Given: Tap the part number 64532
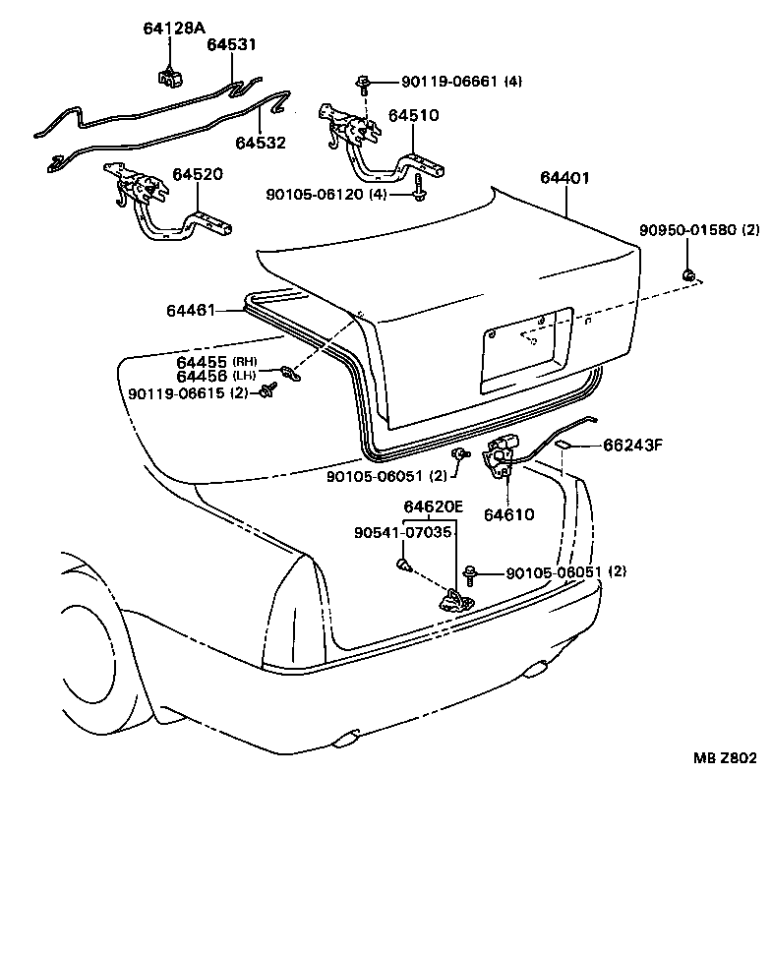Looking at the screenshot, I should (x=260, y=143).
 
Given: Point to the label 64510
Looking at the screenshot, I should (x=413, y=115).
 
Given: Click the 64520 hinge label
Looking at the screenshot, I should (x=198, y=174).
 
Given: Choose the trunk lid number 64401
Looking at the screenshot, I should (x=564, y=178).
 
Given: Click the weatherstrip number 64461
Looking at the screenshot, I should (x=190, y=311).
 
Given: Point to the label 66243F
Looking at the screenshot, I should (x=632, y=446).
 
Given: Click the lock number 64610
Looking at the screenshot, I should (x=508, y=513).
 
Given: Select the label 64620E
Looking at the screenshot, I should (x=433, y=507).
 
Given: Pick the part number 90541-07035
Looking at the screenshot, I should (x=403, y=532).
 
